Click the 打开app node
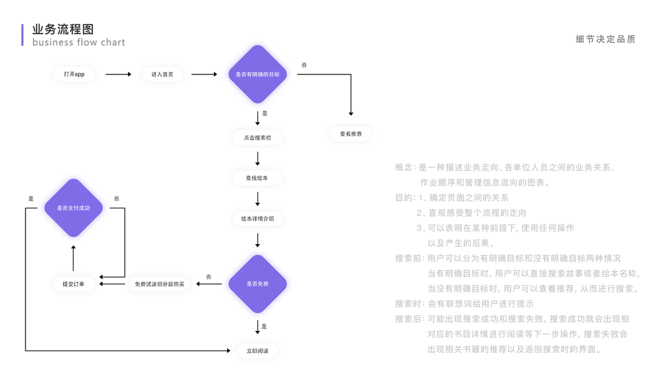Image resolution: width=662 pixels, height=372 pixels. pyautogui.click(x=74, y=74)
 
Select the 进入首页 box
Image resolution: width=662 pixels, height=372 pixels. pyautogui.click(x=162, y=74)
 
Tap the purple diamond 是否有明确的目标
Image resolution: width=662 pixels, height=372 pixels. pyautogui.click(x=257, y=74)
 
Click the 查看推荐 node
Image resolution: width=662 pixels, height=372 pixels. pyautogui.click(x=351, y=134)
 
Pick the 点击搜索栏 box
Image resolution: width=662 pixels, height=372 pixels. pyautogui.click(x=257, y=138)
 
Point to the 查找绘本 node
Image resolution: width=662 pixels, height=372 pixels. pyautogui.click(x=257, y=179)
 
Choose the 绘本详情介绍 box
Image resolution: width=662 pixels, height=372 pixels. pyautogui.click(x=257, y=219)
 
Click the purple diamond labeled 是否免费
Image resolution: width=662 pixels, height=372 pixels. pyautogui.click(x=257, y=284)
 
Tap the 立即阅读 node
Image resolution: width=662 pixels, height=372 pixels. pyautogui.click(x=257, y=351)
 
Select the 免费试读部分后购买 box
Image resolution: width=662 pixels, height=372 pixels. pyautogui.click(x=159, y=285)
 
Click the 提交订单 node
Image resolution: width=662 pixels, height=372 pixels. pyautogui.click(x=73, y=285)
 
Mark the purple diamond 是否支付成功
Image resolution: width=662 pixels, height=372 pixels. pyautogui.click(x=73, y=208)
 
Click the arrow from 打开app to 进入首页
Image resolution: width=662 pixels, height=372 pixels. pyautogui.click(x=118, y=74)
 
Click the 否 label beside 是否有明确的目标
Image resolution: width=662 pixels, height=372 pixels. pyautogui.click(x=304, y=65)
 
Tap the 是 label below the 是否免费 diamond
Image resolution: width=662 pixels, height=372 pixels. pyautogui.click(x=264, y=327)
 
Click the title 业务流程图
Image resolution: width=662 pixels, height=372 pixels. pyautogui.click(x=63, y=30)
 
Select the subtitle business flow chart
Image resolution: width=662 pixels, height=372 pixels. pyautogui.click(x=79, y=43)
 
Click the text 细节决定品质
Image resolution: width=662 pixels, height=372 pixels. pyautogui.click(x=606, y=39)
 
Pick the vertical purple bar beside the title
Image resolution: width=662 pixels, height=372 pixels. pyautogui.click(x=22, y=35)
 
